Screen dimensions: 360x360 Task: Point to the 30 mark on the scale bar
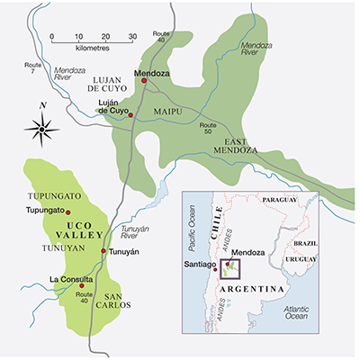click(x=132, y=37)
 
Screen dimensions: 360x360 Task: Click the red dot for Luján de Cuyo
click(x=131, y=115)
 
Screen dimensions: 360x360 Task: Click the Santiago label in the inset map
click(x=199, y=265)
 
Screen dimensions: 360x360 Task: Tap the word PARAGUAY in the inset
click(x=286, y=200)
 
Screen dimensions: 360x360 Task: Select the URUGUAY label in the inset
click(x=300, y=259)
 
